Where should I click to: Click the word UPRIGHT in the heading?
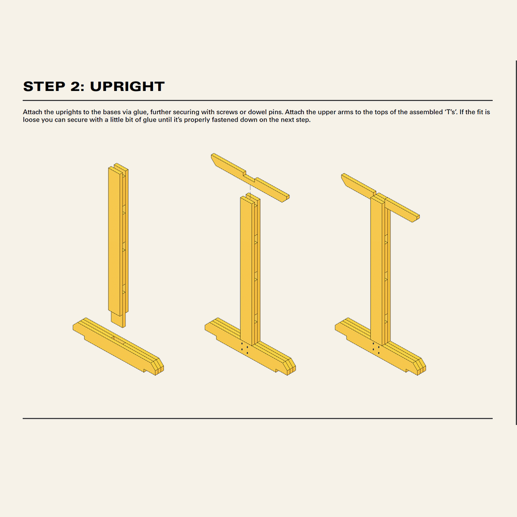click(x=127, y=86)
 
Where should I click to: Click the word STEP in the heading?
click(x=44, y=86)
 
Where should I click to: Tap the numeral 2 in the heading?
click(x=75, y=86)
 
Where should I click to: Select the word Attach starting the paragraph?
click(x=32, y=112)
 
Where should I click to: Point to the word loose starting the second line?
click(x=31, y=120)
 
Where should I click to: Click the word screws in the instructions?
click(x=227, y=112)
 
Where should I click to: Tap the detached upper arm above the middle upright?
click(x=250, y=177)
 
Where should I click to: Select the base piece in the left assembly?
click(x=118, y=346)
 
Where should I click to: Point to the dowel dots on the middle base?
click(x=245, y=348)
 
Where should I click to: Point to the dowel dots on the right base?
click(x=376, y=348)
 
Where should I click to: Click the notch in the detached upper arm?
click(x=250, y=176)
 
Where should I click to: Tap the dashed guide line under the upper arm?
click(x=250, y=190)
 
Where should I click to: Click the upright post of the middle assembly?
click(x=250, y=269)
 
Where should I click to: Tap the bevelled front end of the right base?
click(x=420, y=366)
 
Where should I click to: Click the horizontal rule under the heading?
click(x=257, y=100)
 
